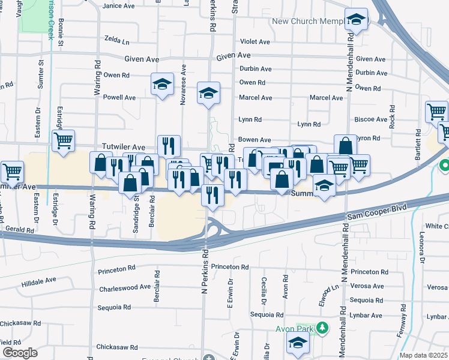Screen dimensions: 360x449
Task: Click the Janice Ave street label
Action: tap(118, 6)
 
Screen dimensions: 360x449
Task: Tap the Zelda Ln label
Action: tap(117, 42)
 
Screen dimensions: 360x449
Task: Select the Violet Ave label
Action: tap(255, 42)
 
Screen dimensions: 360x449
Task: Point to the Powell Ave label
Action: tap(119, 97)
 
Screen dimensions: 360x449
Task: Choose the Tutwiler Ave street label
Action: tap(123, 147)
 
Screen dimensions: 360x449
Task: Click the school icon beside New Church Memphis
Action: tap(357, 20)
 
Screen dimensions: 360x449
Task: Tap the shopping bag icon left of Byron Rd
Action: tap(345, 146)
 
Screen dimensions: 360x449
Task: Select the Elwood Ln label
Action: tap(330, 295)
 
